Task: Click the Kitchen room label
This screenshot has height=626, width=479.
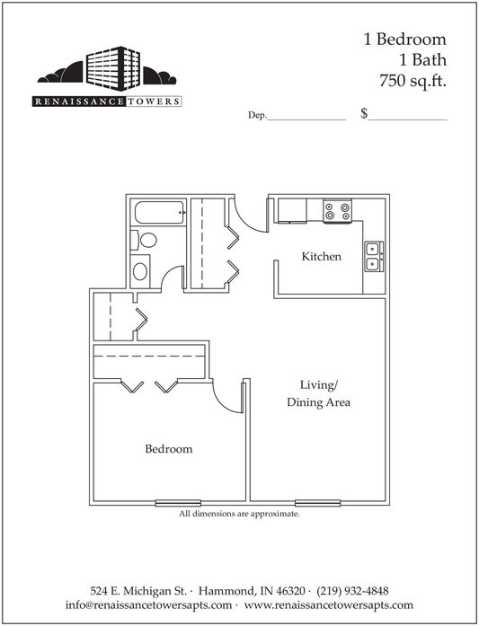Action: [321, 256]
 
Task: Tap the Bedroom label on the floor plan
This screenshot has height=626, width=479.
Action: [169, 449]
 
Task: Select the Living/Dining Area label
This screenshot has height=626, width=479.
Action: [318, 393]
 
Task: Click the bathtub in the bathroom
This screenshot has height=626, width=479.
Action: [159, 212]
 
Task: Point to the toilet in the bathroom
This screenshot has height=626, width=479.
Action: [144, 241]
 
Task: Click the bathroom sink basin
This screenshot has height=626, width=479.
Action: [140, 271]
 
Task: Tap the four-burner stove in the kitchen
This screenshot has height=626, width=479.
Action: [338, 211]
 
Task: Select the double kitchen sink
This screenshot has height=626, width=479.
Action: [374, 256]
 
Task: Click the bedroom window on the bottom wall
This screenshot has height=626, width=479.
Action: [178, 503]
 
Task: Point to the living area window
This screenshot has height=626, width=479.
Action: [317, 503]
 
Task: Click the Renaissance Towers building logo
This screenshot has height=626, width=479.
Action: [107, 76]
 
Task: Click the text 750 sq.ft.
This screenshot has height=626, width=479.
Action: [412, 82]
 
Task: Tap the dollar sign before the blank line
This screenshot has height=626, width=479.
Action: [364, 114]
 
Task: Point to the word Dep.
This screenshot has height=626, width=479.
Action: [257, 115]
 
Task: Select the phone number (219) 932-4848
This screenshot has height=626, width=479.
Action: [352, 590]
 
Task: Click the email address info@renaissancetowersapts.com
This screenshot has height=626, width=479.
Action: [148, 604]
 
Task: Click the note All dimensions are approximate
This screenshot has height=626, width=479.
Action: [239, 514]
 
